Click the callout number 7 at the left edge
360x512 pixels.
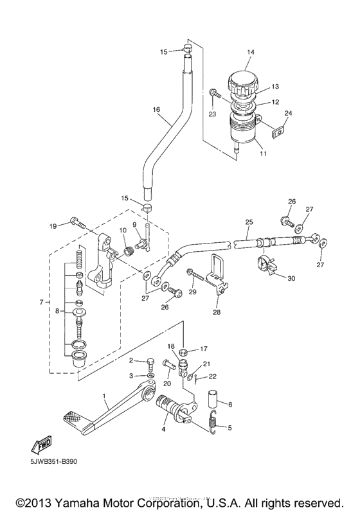pos(42,301)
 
